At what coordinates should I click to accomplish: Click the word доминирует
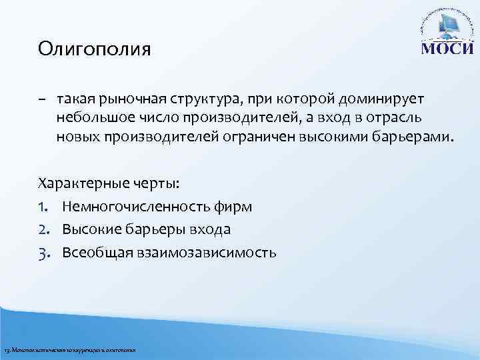[379, 99]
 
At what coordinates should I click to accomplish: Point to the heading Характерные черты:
[109, 183]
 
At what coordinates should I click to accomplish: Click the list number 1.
[44, 207]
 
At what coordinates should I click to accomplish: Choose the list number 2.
[45, 230]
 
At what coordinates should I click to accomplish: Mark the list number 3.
[45, 253]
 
